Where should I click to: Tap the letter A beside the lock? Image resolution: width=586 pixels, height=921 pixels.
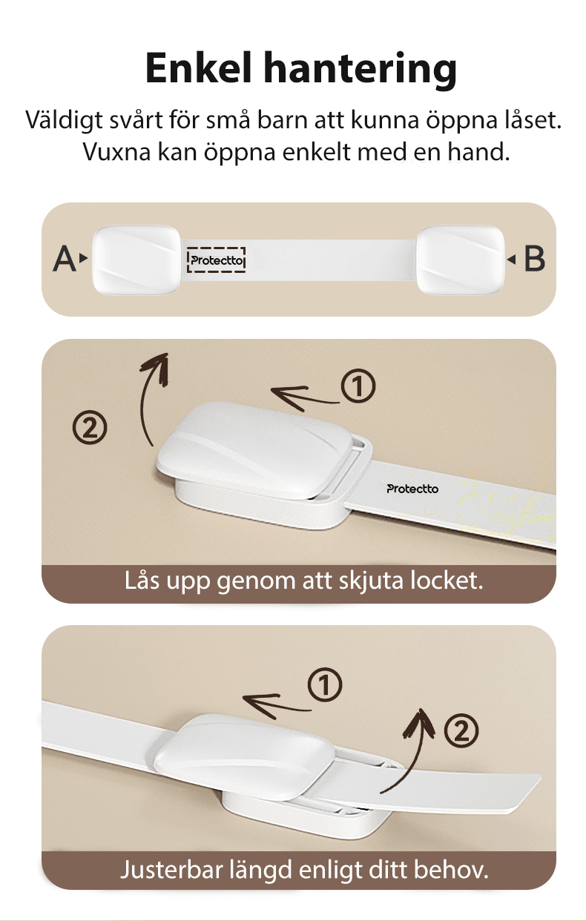point(65,260)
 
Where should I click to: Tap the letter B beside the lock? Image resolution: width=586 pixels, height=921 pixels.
point(534,260)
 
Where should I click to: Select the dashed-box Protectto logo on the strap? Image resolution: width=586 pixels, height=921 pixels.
point(217,260)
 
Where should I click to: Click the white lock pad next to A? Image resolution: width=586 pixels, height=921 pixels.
point(136,259)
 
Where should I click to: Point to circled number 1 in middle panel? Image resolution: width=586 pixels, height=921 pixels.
point(358,388)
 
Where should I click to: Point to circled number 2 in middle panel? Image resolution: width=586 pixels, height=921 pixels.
point(89,427)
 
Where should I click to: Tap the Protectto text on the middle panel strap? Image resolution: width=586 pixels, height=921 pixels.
point(412,489)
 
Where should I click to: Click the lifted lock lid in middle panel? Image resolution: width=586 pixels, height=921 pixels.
point(252,445)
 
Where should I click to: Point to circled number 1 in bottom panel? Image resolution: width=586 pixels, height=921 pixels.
point(324,687)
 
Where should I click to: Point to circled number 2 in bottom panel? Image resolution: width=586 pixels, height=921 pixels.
point(461,732)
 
